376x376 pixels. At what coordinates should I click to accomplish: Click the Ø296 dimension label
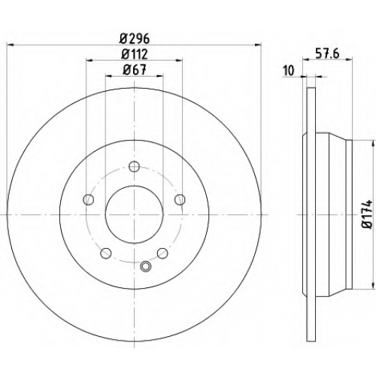(x=135, y=38)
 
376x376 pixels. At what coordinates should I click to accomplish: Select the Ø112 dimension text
(x=135, y=54)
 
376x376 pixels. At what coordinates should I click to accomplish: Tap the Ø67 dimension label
(x=135, y=69)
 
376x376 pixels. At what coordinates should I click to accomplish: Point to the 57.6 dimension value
(x=327, y=53)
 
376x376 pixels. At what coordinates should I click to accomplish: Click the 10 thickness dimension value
(x=288, y=71)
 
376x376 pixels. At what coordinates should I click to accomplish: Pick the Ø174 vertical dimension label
(x=368, y=214)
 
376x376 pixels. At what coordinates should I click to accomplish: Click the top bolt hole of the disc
(x=134, y=166)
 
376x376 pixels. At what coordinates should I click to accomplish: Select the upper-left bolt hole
(x=88, y=199)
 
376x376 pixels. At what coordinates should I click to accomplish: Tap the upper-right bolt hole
(x=180, y=199)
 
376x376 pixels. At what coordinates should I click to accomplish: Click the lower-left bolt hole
(x=106, y=253)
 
